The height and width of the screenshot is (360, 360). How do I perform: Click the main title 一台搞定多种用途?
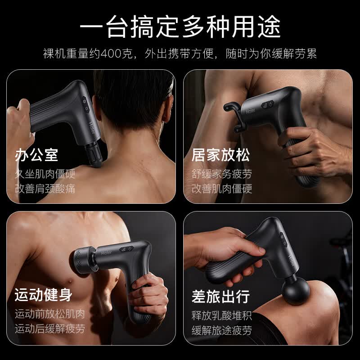click(x=180, y=27)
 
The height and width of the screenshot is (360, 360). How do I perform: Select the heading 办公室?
click(x=36, y=155)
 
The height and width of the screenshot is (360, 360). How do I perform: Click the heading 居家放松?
click(x=220, y=155)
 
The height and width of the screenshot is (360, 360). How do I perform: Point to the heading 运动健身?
click(x=44, y=295)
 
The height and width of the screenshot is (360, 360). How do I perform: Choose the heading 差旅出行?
click(x=220, y=296)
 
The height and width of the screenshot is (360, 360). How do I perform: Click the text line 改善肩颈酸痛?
click(x=45, y=189)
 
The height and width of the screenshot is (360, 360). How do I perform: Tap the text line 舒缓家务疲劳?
click(x=222, y=174)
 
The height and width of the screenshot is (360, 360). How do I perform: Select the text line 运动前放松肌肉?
click(x=50, y=314)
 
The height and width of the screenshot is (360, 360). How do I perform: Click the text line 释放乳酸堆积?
click(x=222, y=315)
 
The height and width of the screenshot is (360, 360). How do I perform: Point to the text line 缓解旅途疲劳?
click(x=222, y=330)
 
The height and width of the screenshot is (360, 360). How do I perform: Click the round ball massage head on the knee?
click(x=296, y=290)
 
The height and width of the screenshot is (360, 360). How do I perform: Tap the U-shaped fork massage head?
click(x=234, y=117)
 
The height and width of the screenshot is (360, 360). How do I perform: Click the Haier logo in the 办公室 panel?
click(x=92, y=128)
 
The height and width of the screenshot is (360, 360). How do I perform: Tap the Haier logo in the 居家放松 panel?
click(x=251, y=111)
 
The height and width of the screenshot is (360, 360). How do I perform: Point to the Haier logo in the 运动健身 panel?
click(x=107, y=253)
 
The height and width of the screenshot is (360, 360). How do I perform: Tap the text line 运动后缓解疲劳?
click(x=50, y=329)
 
